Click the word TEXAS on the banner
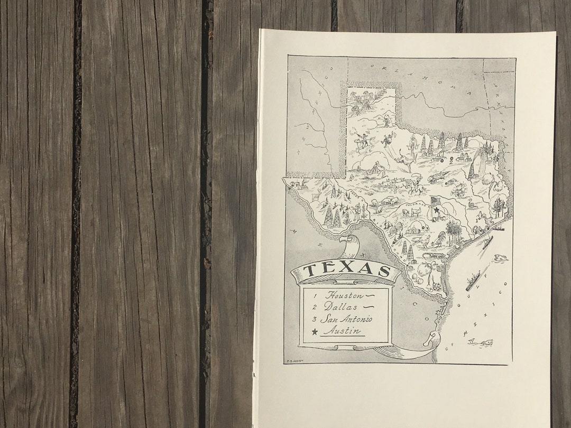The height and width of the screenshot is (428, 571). pos(346,269)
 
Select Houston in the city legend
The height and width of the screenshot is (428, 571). pos(345,295)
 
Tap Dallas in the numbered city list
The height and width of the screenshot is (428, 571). pos(341,306)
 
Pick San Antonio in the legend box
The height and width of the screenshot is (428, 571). pos(346,319)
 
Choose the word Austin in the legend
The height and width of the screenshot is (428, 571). pos(342,331)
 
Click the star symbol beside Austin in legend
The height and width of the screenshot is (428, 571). pos(315,332)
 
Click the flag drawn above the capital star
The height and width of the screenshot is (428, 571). pos(436,201)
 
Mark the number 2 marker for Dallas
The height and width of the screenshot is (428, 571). pos(452,158)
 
